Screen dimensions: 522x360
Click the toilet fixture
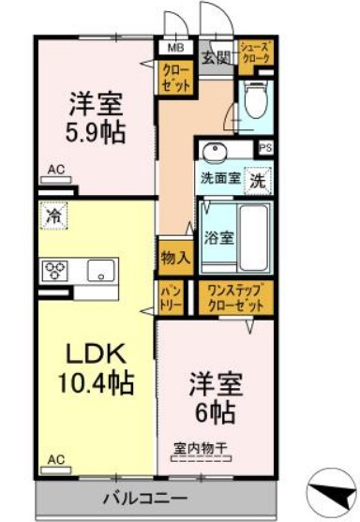[253, 100]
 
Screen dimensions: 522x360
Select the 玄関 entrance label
[216, 57]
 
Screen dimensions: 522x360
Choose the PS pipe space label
[265, 147]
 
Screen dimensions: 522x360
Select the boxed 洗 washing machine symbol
[258, 180]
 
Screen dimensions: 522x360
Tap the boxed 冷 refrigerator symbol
[53, 216]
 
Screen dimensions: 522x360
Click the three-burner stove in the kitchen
[54, 271]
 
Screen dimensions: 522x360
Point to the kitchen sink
[100, 271]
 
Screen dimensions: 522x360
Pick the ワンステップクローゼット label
[234, 298]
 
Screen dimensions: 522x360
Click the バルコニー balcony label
[154, 496]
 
